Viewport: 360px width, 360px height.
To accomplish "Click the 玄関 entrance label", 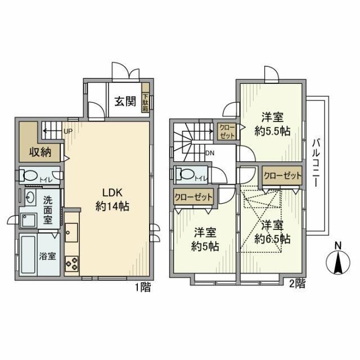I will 125,101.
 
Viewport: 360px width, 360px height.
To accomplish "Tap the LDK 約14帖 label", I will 112,198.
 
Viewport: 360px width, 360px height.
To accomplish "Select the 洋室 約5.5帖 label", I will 272,125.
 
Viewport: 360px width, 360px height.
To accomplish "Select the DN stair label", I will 209,153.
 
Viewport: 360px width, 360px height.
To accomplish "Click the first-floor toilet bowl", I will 30,175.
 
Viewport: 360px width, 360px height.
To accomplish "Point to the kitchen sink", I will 71,231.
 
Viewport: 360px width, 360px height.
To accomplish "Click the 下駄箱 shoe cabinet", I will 145,102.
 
